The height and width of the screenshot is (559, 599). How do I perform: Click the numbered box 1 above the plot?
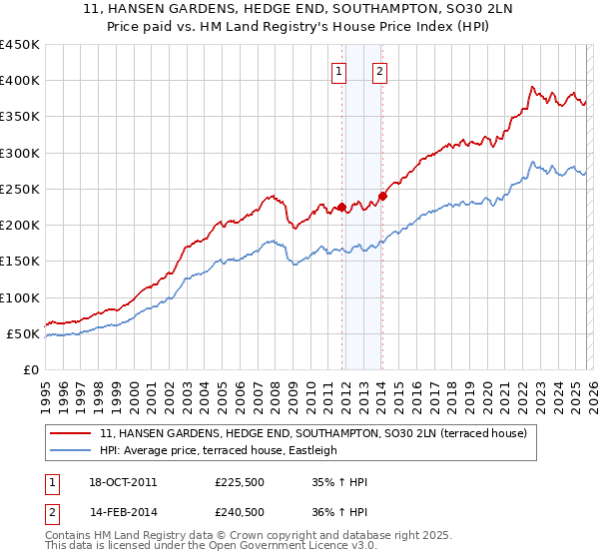(340, 71)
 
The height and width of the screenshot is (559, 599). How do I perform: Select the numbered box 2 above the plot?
(381, 71)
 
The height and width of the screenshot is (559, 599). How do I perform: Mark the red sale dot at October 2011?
(341, 208)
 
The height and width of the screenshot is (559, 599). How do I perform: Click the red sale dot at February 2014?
(382, 196)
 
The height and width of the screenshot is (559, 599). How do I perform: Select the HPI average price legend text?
(219, 451)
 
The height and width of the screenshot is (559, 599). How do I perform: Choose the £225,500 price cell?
(240, 482)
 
